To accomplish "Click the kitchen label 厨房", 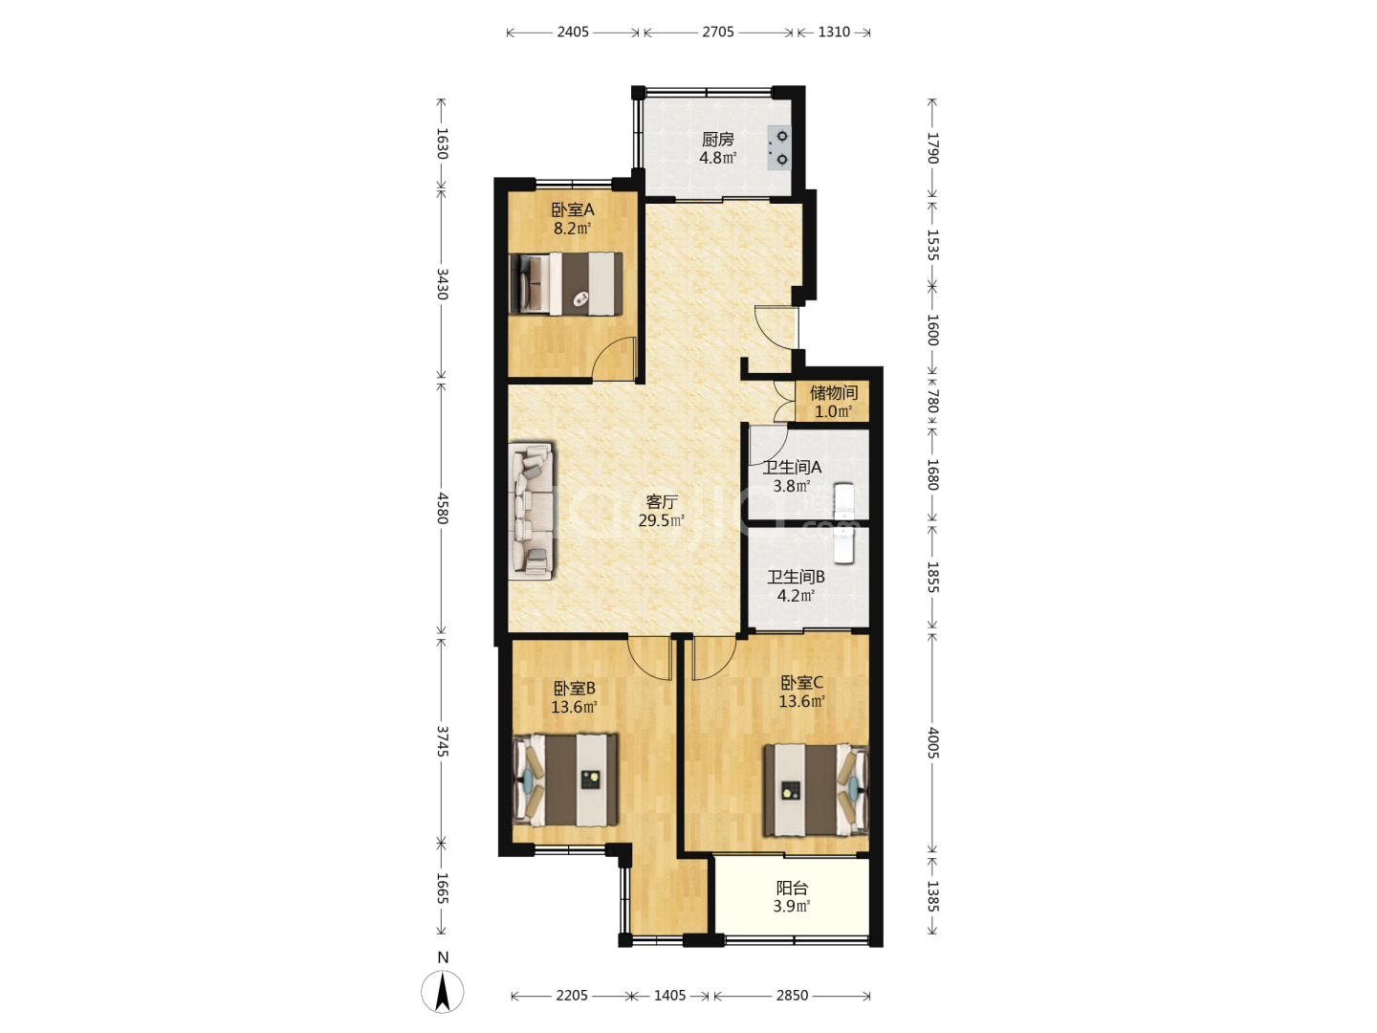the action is pyautogui.click(x=717, y=140).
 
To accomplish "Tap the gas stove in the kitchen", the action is pyautogui.click(x=779, y=148).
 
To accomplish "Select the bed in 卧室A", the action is pyautogui.click(x=566, y=283).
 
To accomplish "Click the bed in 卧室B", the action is pyautogui.click(x=565, y=780).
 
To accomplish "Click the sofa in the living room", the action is pyautogui.click(x=531, y=511).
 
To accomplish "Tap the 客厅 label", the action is pyautogui.click(x=662, y=502).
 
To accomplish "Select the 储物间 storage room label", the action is pyautogui.click(x=833, y=393).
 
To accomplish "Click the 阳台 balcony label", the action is pyautogui.click(x=792, y=888).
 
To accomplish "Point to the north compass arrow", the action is pyautogui.click(x=443, y=992).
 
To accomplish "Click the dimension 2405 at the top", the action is pyautogui.click(x=573, y=32).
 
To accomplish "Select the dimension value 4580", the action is pyautogui.click(x=443, y=508).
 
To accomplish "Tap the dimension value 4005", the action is pyautogui.click(x=933, y=743).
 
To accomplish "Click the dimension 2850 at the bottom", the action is pyautogui.click(x=792, y=996).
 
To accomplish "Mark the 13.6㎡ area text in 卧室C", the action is pyautogui.click(x=801, y=701).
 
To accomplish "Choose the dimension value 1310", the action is pyautogui.click(x=834, y=32).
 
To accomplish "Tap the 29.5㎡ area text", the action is pyautogui.click(x=661, y=520).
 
